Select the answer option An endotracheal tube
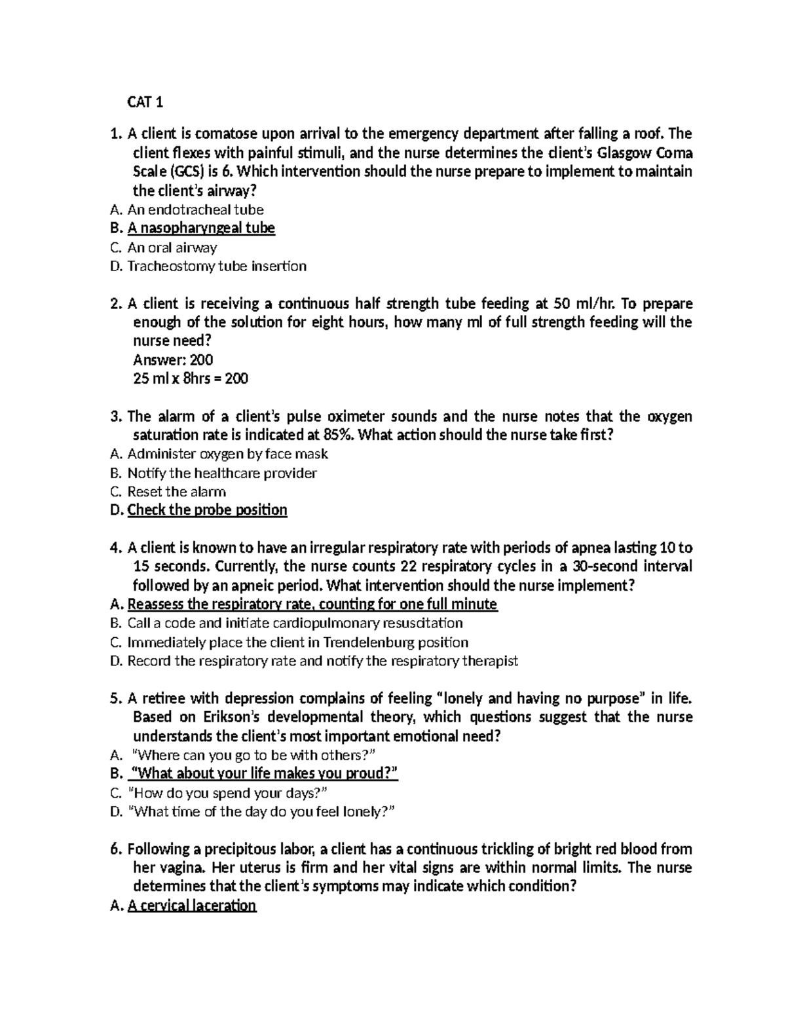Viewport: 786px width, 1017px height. tap(195, 210)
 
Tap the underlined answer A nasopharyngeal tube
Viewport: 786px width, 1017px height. tap(201, 228)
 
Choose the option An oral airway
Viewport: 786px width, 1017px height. tap(172, 248)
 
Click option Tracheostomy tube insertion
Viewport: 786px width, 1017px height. tap(216, 266)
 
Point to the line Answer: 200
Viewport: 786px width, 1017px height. tap(173, 360)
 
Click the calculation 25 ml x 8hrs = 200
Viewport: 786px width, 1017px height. tap(190, 379)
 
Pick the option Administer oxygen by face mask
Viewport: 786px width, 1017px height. tap(227, 454)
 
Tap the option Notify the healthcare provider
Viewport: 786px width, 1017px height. tap(222, 473)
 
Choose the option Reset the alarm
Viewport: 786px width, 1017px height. tap(176, 492)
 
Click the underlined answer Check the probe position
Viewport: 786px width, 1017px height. tap(207, 510)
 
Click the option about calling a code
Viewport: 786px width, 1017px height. tap(295, 623)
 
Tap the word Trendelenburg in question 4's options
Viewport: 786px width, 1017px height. tap(369, 642)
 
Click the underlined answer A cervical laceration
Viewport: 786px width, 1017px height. tap(191, 906)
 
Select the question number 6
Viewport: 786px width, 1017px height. tap(116, 849)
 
